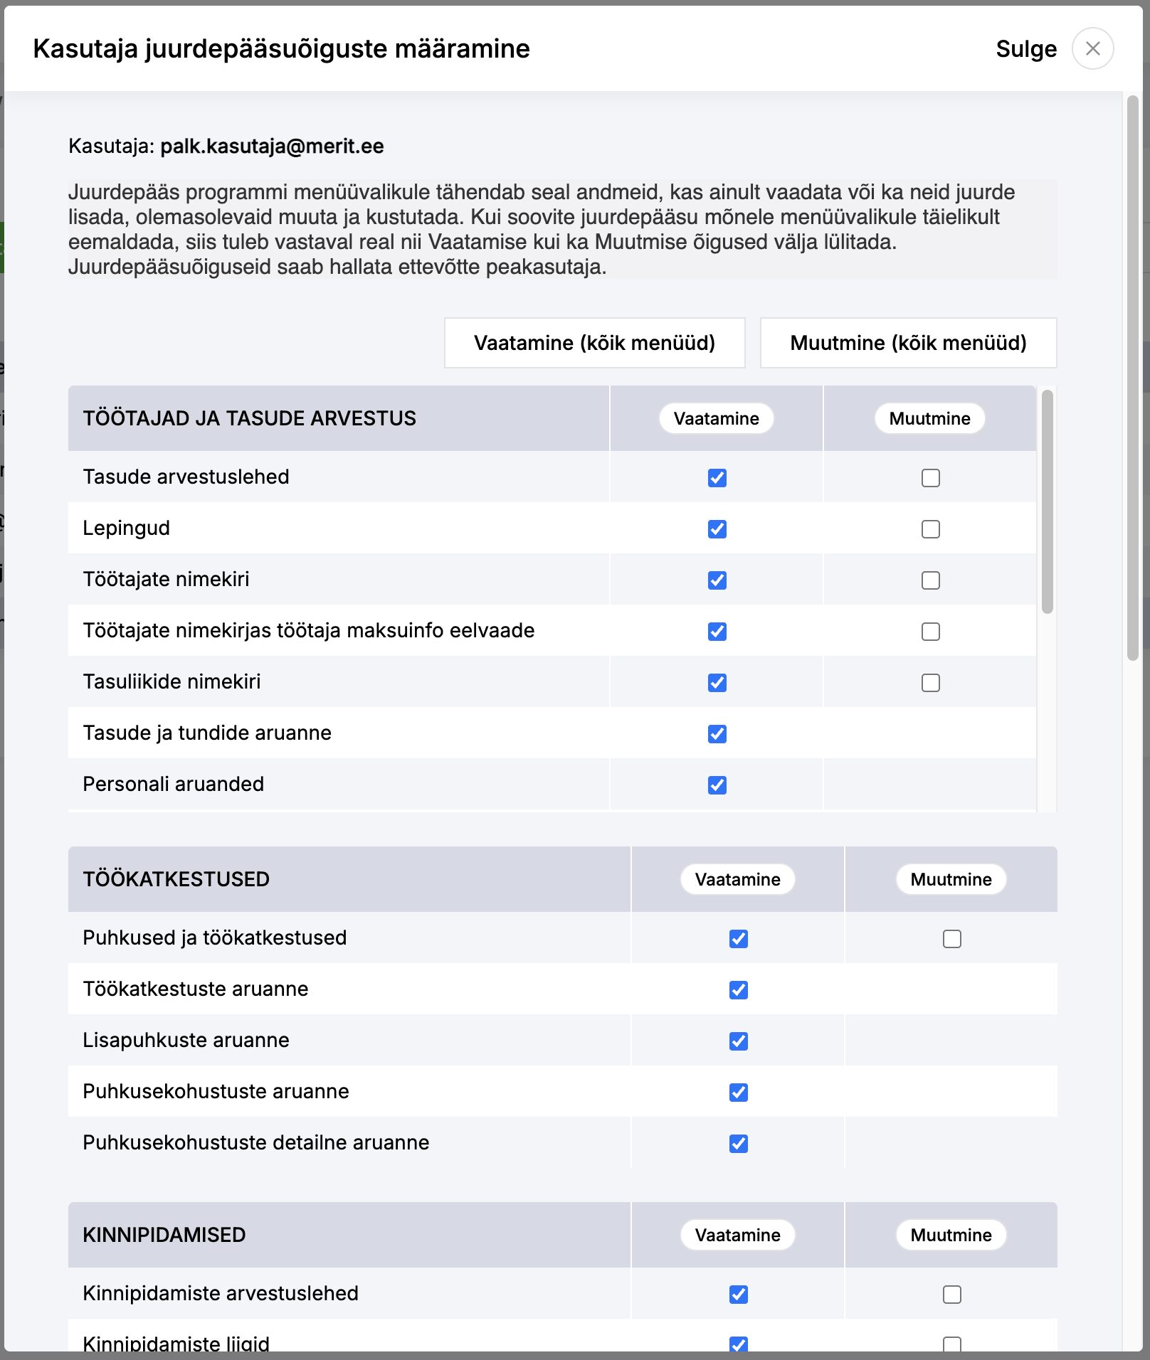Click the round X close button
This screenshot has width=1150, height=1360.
point(1092,48)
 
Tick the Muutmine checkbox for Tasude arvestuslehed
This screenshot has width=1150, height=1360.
point(930,478)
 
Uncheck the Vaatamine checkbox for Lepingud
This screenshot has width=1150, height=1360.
point(717,529)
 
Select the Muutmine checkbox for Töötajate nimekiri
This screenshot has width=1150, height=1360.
point(930,580)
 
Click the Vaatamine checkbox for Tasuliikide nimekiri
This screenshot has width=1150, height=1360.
point(717,683)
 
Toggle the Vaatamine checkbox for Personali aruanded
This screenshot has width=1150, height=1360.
point(717,785)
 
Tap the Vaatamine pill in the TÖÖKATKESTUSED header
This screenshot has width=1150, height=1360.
point(737,879)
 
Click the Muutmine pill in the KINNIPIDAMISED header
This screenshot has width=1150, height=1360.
point(951,1235)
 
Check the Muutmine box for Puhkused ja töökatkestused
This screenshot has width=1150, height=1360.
point(951,939)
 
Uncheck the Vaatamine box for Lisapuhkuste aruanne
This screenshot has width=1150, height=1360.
point(738,1041)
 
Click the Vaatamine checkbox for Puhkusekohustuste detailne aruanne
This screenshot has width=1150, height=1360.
point(738,1144)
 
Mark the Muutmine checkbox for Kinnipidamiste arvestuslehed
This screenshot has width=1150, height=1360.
point(951,1295)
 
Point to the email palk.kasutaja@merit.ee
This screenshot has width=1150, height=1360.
point(272,147)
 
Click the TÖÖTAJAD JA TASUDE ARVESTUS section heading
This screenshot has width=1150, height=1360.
point(249,418)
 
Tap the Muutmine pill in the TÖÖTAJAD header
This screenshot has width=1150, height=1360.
point(929,418)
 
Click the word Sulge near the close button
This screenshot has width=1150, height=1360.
point(1025,49)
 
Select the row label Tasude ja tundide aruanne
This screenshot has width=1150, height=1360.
point(207,733)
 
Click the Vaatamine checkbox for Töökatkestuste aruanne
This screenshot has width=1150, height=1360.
point(738,990)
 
